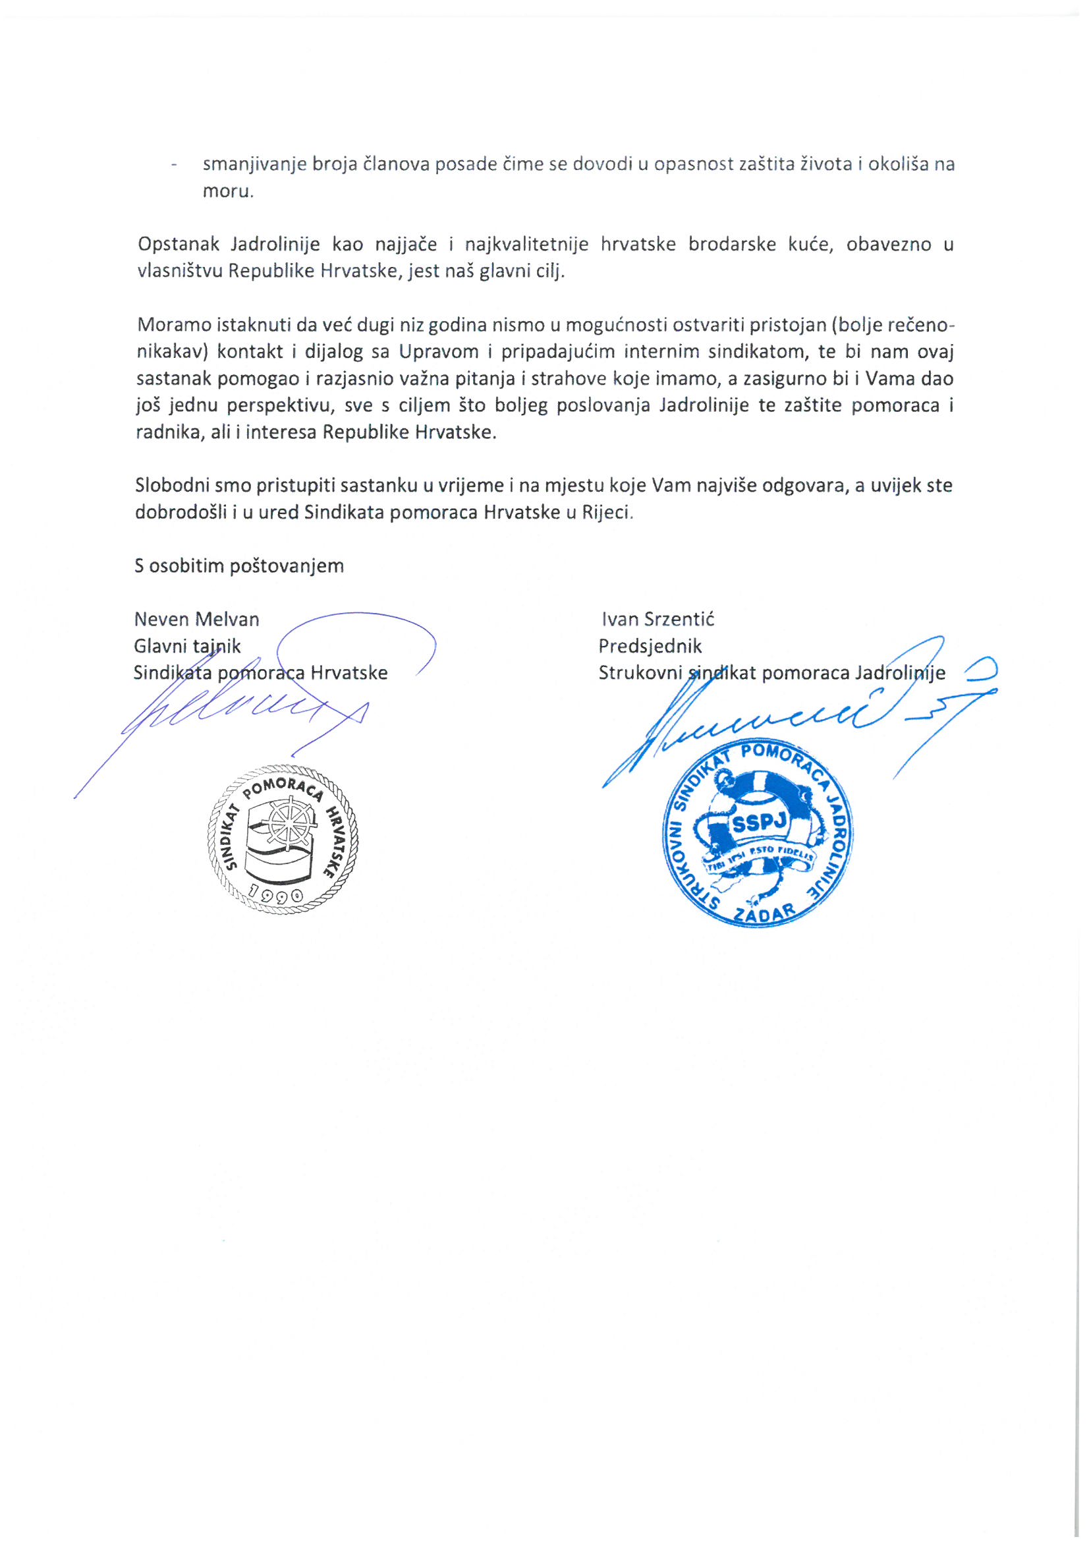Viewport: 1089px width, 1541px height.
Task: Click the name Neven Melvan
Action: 196,619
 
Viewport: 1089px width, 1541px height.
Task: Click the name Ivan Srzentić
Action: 657,619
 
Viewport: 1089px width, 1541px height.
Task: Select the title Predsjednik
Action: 650,646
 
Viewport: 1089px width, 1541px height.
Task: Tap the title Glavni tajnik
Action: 186,646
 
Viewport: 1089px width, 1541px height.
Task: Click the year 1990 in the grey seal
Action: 276,894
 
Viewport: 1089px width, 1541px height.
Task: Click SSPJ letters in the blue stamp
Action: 759,823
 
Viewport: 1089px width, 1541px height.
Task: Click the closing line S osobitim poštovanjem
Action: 239,566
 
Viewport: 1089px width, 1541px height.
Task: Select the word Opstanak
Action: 178,245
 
